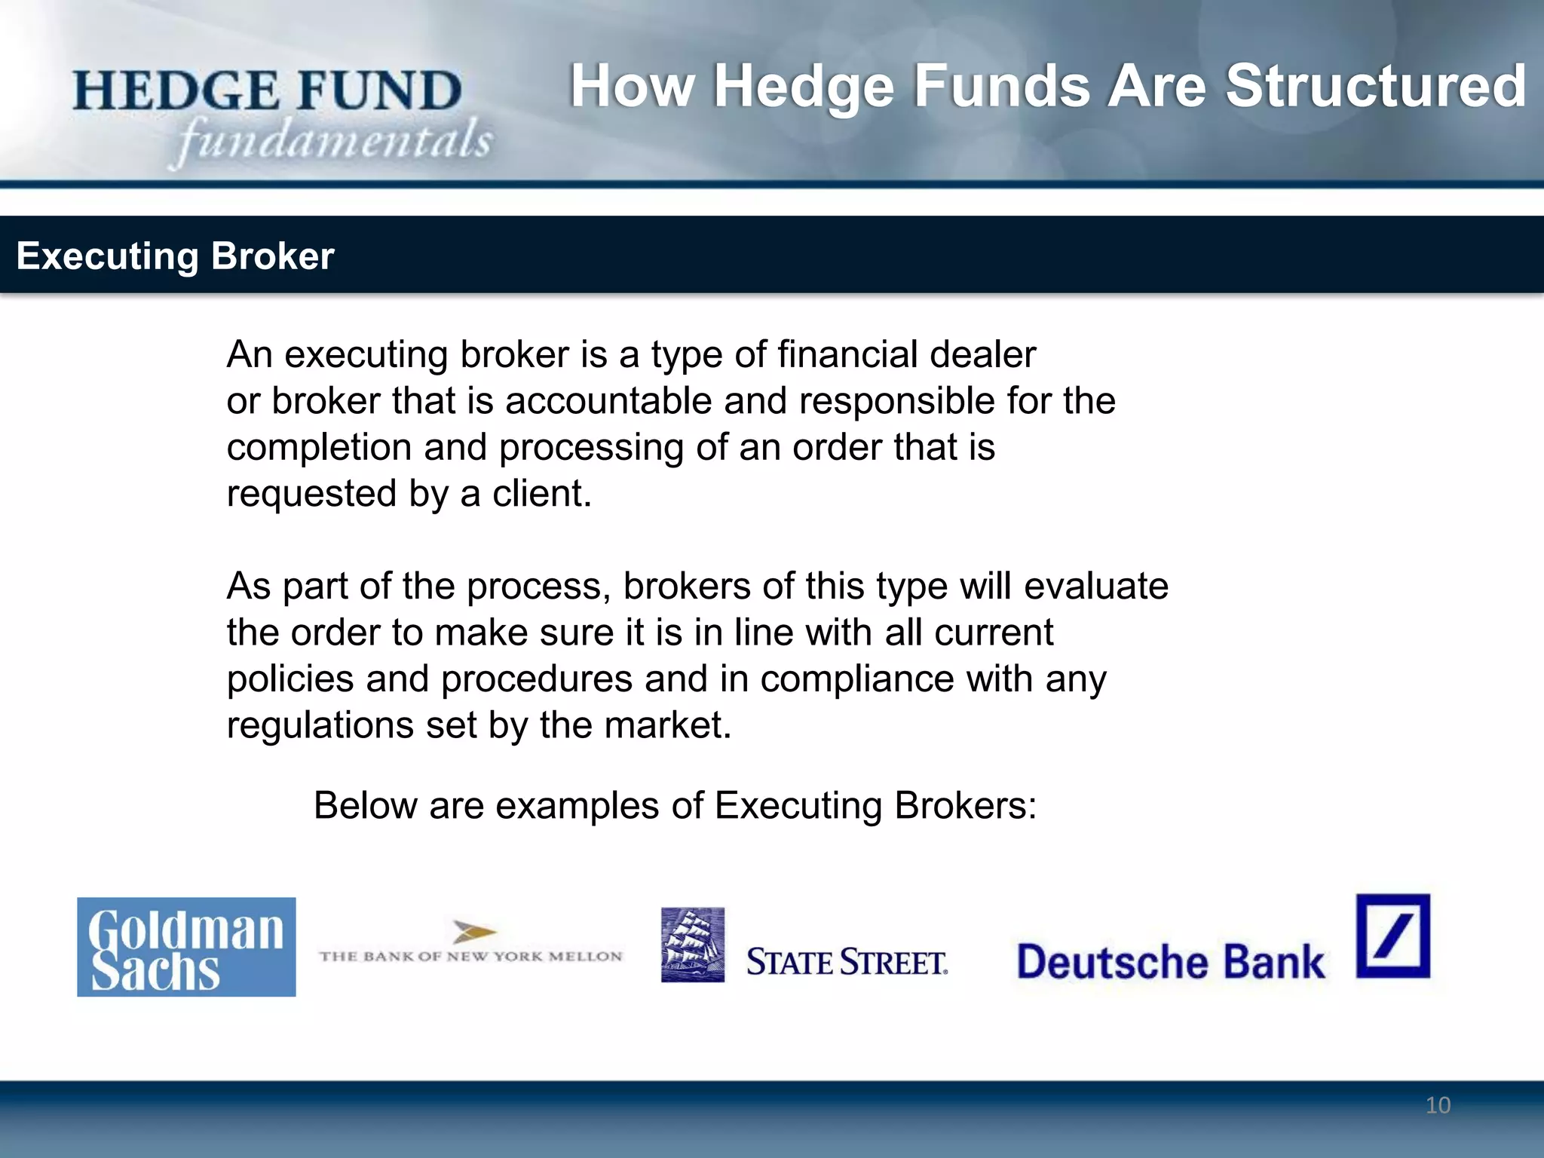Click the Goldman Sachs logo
186,947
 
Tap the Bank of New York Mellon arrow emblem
473,933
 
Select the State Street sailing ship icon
693,945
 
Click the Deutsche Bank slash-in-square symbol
1392,936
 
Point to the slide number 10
1438,1105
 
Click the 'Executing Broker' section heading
175,256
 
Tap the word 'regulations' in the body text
320,725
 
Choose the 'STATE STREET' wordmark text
847,963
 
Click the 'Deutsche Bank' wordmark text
1170,962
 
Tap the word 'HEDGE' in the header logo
176,91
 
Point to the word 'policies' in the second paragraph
290,679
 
